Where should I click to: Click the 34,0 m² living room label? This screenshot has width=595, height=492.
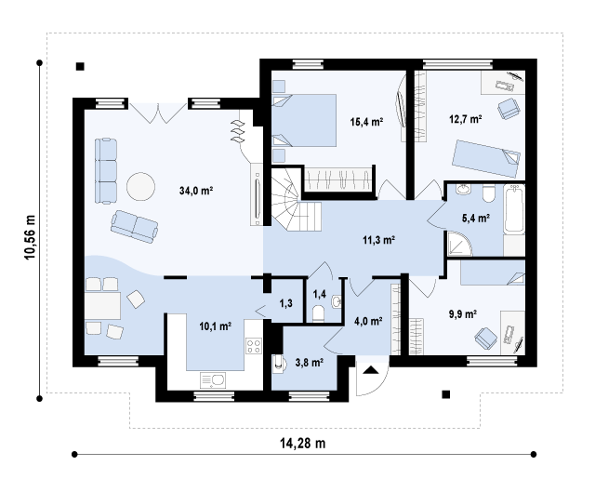coord(196,190)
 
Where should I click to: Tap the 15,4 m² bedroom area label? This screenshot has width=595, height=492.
coord(366,122)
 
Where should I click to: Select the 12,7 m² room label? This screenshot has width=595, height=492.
coord(466,119)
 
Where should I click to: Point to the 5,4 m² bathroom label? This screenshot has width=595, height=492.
coord(476,218)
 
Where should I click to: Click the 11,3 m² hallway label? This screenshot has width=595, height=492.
coord(379,240)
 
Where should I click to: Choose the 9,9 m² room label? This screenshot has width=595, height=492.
coord(463,314)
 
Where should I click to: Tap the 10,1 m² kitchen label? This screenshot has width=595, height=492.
coord(216,326)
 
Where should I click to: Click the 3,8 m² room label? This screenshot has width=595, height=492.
coord(310,363)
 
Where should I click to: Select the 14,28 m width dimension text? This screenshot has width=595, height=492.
coord(303,443)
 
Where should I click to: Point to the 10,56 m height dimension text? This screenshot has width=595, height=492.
coord(30,237)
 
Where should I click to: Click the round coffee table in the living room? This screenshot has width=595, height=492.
coord(140,186)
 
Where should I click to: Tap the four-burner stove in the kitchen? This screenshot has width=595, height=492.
coord(254,346)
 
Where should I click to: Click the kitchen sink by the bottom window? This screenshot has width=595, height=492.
coord(213,380)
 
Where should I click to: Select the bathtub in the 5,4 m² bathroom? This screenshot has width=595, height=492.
coord(514,209)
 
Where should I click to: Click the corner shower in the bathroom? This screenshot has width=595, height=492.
coord(459,244)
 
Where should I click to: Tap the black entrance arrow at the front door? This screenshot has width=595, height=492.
coord(370,370)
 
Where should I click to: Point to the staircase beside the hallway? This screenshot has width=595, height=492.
coord(296,200)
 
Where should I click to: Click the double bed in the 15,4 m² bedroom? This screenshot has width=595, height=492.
coord(304,120)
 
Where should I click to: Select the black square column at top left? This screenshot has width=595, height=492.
coord(80,66)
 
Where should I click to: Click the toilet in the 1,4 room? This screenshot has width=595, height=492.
coord(318,313)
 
